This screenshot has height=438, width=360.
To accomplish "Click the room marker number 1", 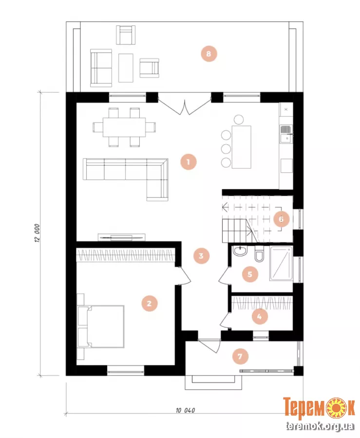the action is (x=188, y=162).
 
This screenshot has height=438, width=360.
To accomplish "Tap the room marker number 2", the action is (x=150, y=304).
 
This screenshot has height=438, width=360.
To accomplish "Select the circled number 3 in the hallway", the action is (x=201, y=256).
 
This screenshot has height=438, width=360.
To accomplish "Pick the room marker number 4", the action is (x=260, y=317).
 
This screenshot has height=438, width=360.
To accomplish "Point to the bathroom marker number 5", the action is (x=250, y=274).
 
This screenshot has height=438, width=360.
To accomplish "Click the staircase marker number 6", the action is (x=281, y=219).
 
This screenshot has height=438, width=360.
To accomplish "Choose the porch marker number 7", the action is (x=240, y=357).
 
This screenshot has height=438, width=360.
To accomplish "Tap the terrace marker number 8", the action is (x=209, y=54).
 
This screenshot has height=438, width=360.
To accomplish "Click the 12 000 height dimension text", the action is (x=38, y=232).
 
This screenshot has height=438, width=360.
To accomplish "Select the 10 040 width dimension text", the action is (x=186, y=410).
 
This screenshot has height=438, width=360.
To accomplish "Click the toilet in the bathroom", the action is (x=259, y=254).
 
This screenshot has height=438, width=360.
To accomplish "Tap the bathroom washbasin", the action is (x=240, y=251).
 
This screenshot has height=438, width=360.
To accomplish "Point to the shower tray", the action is (x=281, y=263).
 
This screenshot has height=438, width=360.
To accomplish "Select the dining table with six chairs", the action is (x=124, y=127).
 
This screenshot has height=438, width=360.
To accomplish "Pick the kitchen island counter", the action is (x=241, y=147).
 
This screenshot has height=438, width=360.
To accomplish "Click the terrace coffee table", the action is (x=126, y=68).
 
